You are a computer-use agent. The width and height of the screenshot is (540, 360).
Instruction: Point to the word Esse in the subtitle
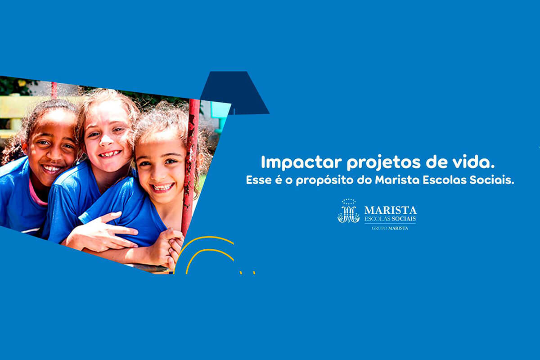257,180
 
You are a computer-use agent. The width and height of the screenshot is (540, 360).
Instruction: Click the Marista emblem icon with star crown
349,211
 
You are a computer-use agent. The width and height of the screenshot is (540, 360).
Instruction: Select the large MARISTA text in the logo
390,210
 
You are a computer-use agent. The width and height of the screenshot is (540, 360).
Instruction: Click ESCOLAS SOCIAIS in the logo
390,219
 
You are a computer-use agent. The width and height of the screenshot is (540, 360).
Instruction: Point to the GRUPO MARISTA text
390,228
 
